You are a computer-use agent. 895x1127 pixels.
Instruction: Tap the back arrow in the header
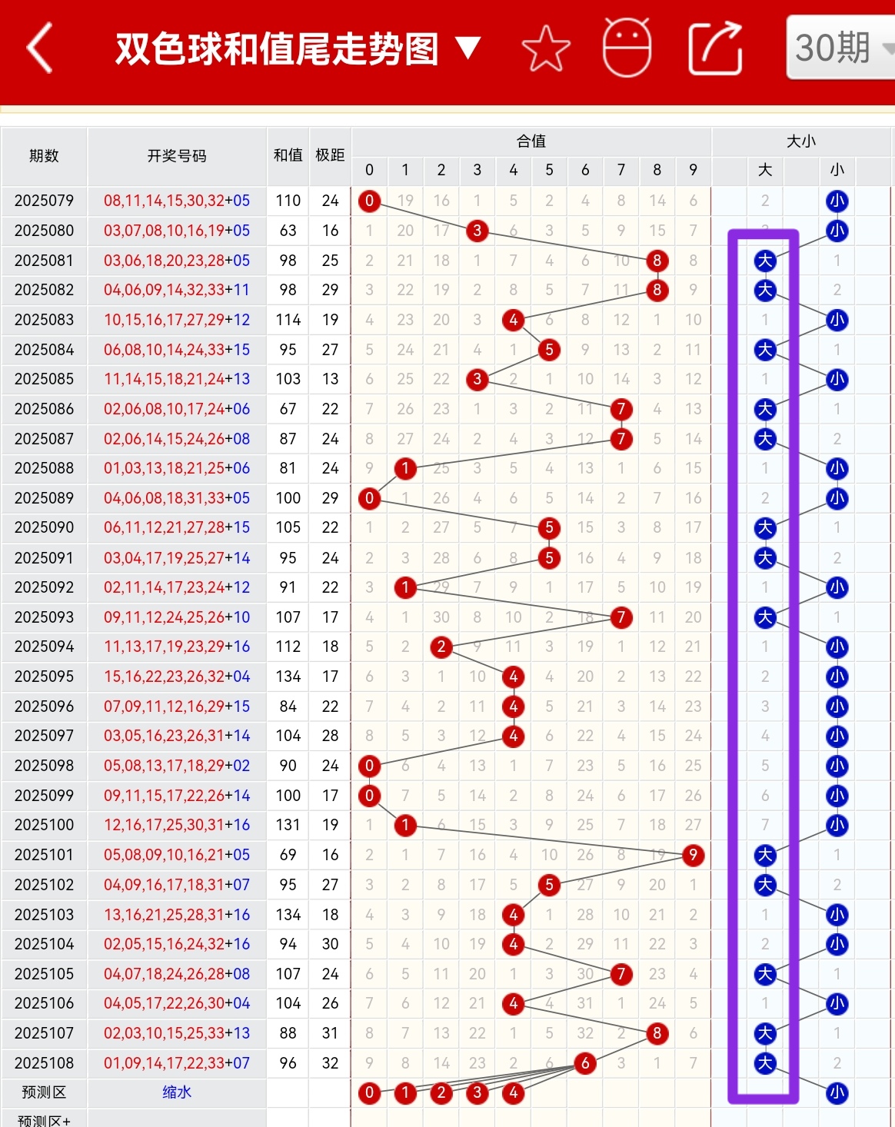click(40, 48)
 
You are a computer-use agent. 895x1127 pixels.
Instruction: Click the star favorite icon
click(546, 48)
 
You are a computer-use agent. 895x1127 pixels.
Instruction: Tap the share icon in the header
click(715, 48)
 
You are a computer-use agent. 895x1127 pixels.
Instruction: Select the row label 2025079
click(44, 201)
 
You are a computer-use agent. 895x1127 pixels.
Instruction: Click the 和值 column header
click(288, 155)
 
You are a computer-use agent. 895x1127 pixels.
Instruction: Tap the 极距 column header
click(330, 155)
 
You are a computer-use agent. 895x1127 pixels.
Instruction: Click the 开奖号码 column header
click(177, 155)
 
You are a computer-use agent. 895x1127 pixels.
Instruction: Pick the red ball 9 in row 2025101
click(693, 855)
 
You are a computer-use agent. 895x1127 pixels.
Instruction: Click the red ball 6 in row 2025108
click(585, 1063)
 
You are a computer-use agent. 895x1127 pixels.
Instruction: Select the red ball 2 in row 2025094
click(441, 647)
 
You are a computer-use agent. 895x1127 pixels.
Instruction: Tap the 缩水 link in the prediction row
click(177, 1092)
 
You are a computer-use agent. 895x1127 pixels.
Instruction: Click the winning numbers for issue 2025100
click(177, 825)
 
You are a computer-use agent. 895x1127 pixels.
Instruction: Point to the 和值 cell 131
click(288, 825)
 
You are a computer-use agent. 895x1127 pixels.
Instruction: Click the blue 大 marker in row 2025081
click(765, 261)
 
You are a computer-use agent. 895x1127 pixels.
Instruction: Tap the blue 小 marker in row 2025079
click(837, 201)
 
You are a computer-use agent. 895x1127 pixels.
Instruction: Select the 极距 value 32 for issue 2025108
click(330, 1063)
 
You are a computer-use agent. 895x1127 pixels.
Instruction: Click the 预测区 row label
click(44, 1092)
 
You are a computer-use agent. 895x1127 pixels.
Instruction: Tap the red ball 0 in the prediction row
click(370, 1092)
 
